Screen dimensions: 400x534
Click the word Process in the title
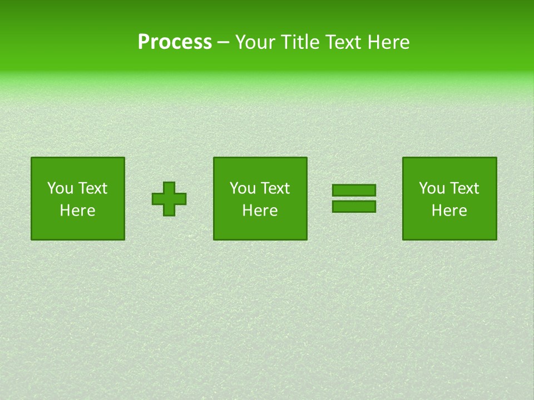[x=175, y=42]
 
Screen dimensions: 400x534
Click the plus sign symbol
[x=169, y=199]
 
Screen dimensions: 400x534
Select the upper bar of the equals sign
[x=354, y=191]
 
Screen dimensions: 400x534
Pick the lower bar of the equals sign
[x=354, y=206]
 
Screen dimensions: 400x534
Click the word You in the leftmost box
[x=60, y=188]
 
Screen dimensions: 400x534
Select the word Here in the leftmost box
[x=78, y=211]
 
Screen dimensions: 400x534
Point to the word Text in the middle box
[x=274, y=188]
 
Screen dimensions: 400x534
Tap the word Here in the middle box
[x=260, y=211]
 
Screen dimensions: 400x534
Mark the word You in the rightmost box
[x=432, y=188]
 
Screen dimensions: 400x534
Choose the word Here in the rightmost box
[x=449, y=211]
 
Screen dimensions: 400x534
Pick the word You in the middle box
[x=243, y=188]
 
